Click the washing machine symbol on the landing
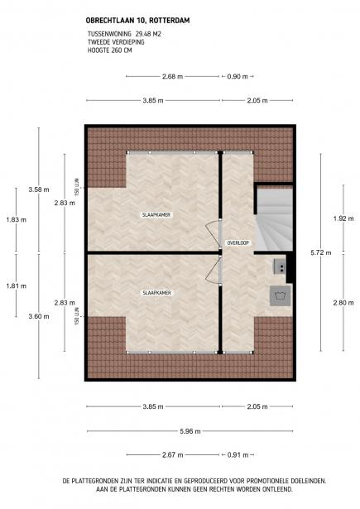point(279,296)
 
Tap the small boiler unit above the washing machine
point(280,266)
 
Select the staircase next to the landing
point(273,218)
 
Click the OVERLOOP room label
point(238,242)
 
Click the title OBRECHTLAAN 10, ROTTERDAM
point(127,22)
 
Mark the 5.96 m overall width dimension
point(189,430)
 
